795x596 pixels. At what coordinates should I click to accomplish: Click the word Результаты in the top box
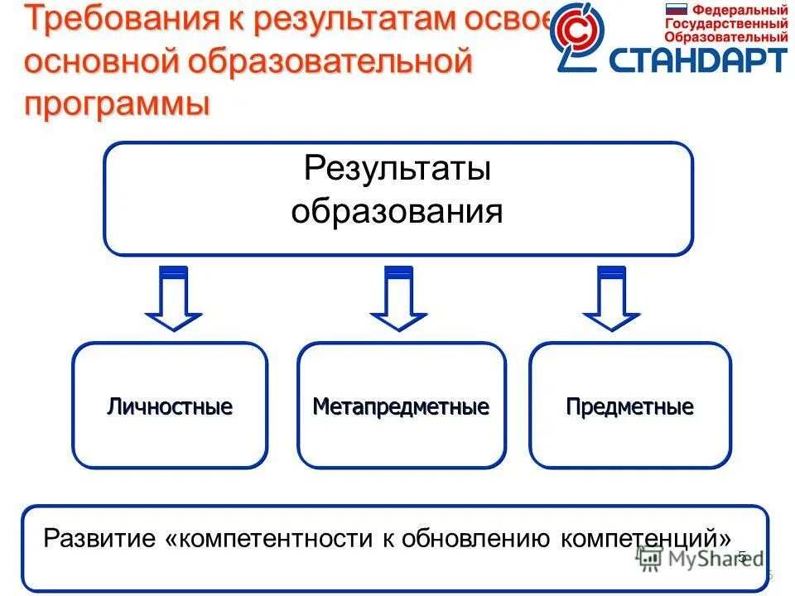397,169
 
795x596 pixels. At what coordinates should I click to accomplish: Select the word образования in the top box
397,211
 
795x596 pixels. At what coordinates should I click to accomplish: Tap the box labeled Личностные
170,406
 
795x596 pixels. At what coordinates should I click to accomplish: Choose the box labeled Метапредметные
401,406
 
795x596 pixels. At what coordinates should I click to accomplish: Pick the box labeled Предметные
629,406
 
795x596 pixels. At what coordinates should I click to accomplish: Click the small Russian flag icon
677,10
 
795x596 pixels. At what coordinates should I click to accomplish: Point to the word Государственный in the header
726,24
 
